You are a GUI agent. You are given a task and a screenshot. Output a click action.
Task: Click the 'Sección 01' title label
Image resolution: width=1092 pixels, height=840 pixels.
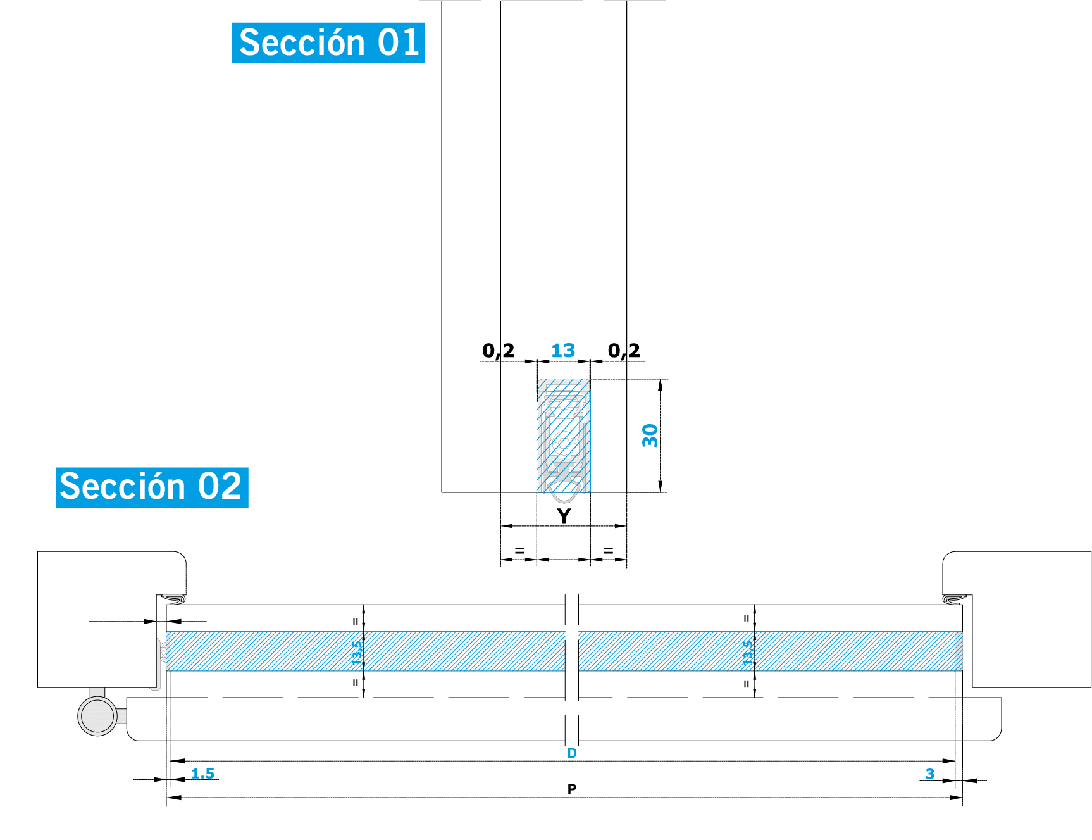click(328, 43)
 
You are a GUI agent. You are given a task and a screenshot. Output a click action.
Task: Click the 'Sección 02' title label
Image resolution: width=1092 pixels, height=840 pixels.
click(152, 487)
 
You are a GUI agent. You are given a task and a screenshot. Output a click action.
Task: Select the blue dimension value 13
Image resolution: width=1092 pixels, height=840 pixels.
click(563, 350)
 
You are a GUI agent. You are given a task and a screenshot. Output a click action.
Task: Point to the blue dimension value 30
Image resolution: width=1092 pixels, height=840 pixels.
click(650, 436)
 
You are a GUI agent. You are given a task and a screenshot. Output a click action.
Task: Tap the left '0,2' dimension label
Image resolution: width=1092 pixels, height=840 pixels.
click(498, 351)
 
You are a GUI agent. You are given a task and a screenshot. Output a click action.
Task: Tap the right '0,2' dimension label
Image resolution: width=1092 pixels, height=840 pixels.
click(624, 351)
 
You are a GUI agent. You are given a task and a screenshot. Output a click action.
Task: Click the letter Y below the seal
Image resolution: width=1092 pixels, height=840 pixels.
click(564, 516)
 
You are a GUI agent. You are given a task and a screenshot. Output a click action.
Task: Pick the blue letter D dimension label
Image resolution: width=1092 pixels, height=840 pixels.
click(572, 753)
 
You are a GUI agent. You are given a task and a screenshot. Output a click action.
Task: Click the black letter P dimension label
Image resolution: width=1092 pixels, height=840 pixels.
click(572, 789)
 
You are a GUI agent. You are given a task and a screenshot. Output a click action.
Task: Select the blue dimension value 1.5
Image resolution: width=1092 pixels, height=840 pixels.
click(202, 774)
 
